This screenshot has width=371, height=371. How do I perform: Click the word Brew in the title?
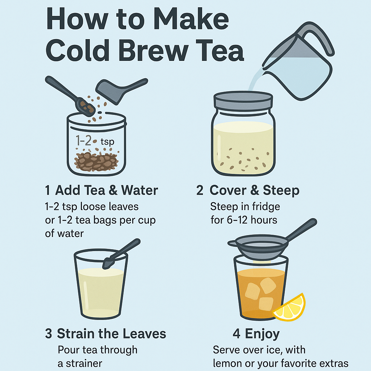tap(153, 50)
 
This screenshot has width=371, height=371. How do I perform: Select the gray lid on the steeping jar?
tap(243, 101)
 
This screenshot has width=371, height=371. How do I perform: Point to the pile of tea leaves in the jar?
tap(96, 161)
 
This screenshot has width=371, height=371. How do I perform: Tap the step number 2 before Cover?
tap(200, 190)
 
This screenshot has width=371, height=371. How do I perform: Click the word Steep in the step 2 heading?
tap(281, 191)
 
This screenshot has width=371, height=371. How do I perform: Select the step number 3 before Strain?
tap(49, 334)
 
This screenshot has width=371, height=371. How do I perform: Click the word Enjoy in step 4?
tap(262, 334)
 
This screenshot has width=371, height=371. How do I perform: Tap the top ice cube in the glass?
tap(268, 285)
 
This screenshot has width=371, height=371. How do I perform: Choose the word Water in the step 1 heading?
tap(139, 190)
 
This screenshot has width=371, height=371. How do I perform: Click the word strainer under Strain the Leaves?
tap(84, 363)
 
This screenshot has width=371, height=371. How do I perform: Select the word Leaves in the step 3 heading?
tap(144, 334)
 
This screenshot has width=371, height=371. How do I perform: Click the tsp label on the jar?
tap(107, 142)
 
